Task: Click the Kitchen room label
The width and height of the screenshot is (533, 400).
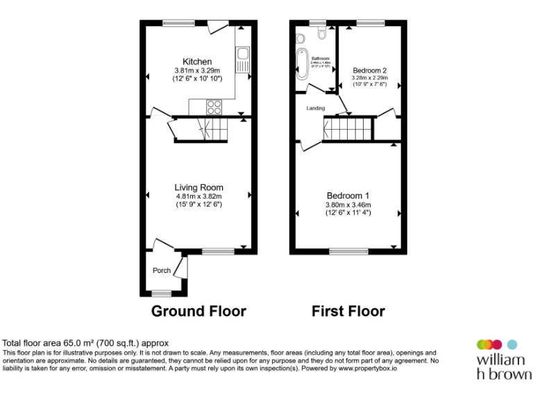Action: click(x=197, y=62)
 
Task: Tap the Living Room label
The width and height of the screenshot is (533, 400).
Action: click(x=198, y=187)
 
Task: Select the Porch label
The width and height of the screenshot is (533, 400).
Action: click(x=162, y=271)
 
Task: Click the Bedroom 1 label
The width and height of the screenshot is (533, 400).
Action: click(x=348, y=195)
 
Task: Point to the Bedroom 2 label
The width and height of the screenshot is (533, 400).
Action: click(x=369, y=71)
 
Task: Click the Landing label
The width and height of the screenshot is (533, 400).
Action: click(x=316, y=108)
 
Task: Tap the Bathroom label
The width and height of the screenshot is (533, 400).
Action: click(x=320, y=58)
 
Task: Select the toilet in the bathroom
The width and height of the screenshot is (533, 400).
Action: click(x=321, y=33)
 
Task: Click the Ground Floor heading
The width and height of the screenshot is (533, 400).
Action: click(x=198, y=310)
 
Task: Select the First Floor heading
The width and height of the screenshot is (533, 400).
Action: click(x=348, y=310)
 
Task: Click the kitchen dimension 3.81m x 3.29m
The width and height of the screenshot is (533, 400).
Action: click(x=197, y=71)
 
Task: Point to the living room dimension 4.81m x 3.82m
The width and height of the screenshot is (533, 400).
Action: click(x=198, y=197)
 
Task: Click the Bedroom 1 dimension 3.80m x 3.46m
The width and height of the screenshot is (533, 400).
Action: click(x=348, y=205)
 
